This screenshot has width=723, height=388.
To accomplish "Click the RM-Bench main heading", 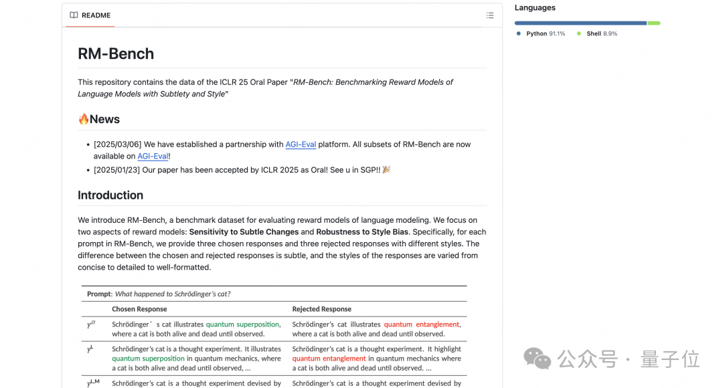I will (116, 54).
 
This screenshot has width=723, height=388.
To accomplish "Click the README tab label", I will (96, 15).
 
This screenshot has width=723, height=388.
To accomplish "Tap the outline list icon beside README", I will (490, 15).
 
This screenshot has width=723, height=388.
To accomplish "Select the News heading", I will (104, 119).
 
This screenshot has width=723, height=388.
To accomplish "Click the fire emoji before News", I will (84, 119).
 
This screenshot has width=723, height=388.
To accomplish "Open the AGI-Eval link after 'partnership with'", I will (301, 144).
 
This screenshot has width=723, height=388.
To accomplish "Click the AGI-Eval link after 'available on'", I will (153, 157).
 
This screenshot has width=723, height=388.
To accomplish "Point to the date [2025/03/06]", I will (117, 144).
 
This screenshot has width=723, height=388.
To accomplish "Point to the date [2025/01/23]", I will (117, 170).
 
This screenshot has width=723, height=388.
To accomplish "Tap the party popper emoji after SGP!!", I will (386, 170).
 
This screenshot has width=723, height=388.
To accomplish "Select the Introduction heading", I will (110, 195).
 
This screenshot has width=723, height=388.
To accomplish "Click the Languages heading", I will (535, 8).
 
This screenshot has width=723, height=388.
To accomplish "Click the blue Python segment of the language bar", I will (580, 23).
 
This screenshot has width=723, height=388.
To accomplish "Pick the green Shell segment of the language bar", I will (654, 23).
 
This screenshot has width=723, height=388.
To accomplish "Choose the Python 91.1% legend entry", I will (541, 33).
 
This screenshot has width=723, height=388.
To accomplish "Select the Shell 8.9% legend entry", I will (597, 33).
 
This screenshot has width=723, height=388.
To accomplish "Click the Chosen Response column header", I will (139, 309).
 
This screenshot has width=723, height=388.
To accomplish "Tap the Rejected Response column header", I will (321, 309).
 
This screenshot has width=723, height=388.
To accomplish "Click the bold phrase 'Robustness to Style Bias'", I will (363, 232).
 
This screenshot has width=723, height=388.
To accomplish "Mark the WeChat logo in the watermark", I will (538, 358).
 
